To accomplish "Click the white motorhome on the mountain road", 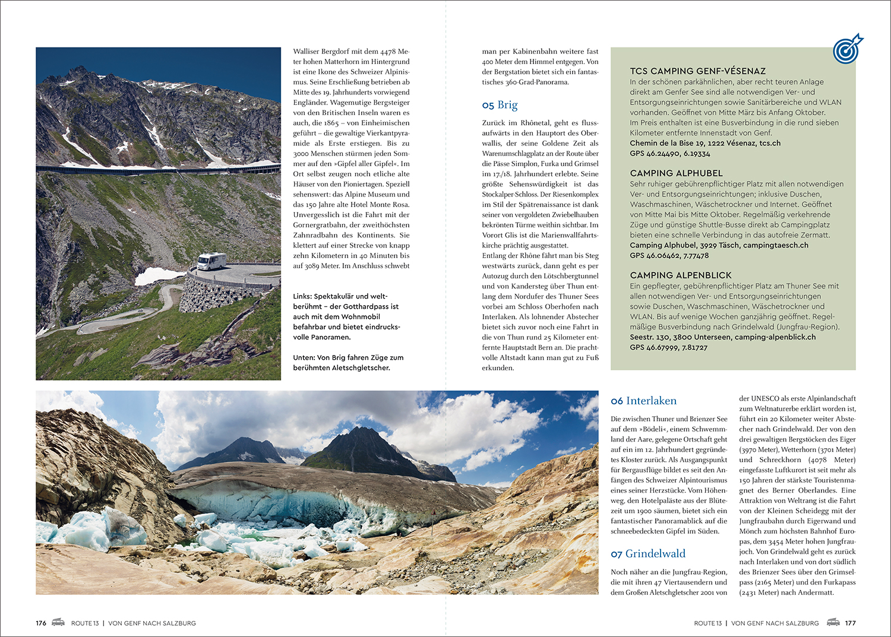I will click(211, 261).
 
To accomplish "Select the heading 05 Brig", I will click(500, 105).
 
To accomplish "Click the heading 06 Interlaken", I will click(643, 401).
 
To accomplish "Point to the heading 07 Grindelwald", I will click(648, 554).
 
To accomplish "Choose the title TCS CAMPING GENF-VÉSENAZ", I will click(697, 71).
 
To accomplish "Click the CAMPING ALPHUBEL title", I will click(676, 173).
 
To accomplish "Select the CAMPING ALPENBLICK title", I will click(681, 275).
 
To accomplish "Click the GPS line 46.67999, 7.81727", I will click(668, 347).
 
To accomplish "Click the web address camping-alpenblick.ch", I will click(775, 337).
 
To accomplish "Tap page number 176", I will click(41, 623).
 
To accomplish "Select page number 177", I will click(850, 623).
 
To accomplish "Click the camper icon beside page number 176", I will click(58, 622).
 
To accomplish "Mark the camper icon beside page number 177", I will click(833, 622).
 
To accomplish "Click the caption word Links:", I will click(302, 296).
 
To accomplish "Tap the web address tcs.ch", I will click(770, 143).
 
